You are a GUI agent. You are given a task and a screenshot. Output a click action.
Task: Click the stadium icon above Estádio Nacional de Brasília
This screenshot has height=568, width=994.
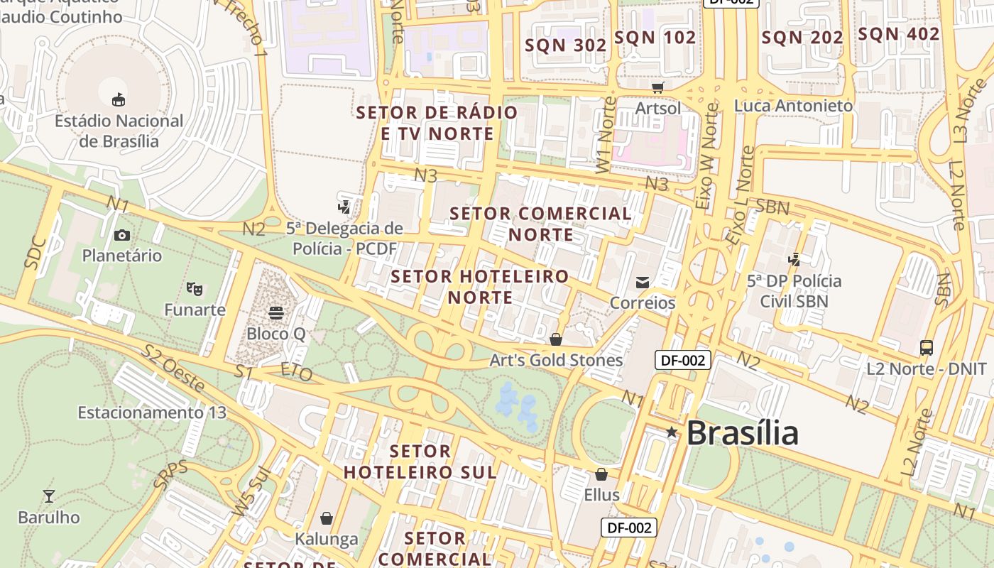[119, 100]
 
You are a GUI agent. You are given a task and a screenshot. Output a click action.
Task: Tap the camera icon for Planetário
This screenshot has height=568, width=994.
[121, 235]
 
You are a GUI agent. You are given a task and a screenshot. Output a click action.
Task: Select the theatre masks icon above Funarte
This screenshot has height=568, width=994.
[195, 289]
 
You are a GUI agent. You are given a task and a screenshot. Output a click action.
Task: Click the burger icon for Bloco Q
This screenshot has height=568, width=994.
[275, 313]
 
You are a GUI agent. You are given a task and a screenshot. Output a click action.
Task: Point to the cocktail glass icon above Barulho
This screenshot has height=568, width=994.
[49, 496]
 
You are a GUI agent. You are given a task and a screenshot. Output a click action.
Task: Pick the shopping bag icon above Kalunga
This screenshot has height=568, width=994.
[327, 519]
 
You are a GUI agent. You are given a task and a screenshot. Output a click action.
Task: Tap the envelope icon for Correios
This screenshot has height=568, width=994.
[643, 283]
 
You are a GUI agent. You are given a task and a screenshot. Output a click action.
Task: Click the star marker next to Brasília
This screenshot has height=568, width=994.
[672, 432]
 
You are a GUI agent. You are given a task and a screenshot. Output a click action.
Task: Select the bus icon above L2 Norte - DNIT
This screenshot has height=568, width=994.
[927, 348]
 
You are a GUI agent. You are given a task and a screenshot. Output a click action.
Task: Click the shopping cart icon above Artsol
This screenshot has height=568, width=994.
[658, 87]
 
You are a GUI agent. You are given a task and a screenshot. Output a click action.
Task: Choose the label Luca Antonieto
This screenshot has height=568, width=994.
[794, 106]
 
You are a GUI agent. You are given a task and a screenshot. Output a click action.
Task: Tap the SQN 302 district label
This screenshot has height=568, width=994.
[566, 45]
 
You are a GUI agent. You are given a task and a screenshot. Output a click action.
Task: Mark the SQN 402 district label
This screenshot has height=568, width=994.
[899, 34]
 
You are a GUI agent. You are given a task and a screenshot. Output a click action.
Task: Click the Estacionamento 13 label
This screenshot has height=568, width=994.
[152, 413]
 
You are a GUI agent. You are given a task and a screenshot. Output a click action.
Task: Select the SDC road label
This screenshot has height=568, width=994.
[35, 253]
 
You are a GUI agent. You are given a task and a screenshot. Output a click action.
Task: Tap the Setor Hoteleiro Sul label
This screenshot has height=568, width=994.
[420, 461]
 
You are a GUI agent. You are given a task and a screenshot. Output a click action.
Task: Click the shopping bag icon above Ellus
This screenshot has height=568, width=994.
[601, 474]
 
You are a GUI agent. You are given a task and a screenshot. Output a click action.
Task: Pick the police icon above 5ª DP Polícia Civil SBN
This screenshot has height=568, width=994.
[794, 260]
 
